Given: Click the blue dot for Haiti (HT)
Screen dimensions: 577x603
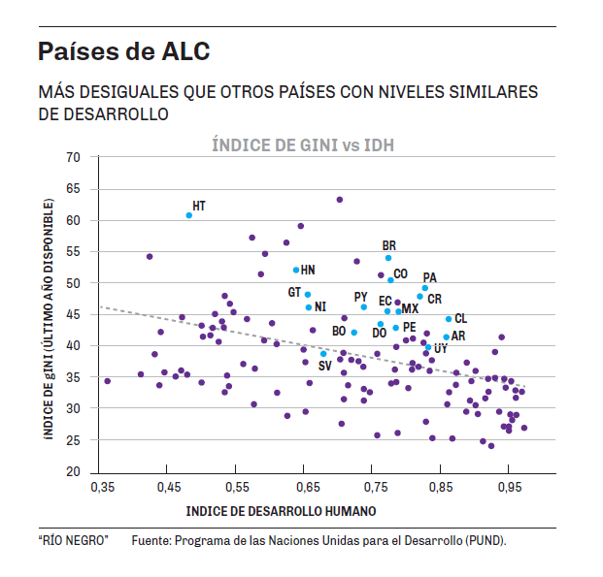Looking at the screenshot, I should [189, 215].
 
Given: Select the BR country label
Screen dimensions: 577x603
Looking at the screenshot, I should [389, 246].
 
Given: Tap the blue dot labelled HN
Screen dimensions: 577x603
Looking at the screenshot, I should [296, 270].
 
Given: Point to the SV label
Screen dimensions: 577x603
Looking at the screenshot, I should [325, 366].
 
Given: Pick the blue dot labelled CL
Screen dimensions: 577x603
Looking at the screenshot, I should [449, 319].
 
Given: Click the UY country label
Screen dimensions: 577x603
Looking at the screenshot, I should [441, 348].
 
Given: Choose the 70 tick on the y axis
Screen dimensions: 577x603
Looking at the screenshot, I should [72, 157].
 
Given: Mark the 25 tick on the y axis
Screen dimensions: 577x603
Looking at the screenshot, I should [72, 440].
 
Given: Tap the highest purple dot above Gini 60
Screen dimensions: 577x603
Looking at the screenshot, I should [340, 200].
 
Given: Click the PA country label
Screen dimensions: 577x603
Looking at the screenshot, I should [430, 278].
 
